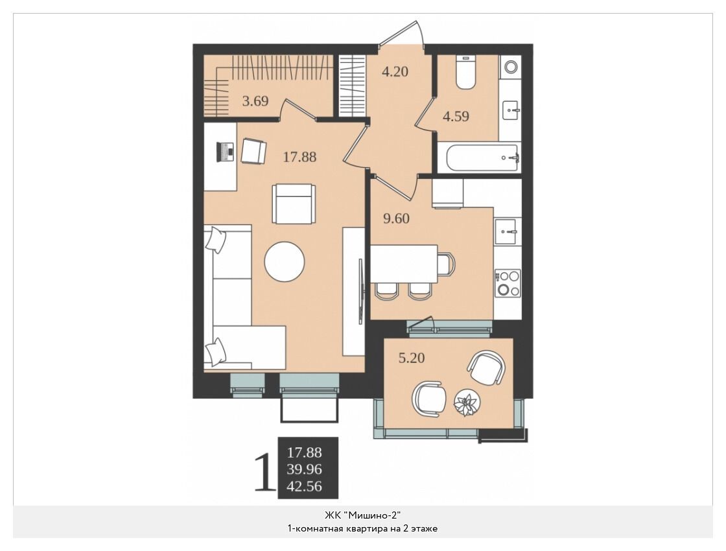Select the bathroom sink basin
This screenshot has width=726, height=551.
[x=511, y=111]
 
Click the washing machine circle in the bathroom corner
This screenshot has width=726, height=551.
[x=511, y=67]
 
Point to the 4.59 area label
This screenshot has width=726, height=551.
[x=456, y=116]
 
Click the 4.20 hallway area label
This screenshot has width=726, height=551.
[x=395, y=72]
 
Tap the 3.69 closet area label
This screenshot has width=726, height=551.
[x=255, y=100]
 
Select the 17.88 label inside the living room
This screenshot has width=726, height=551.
[x=299, y=157]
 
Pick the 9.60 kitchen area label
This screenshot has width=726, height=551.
[x=396, y=218]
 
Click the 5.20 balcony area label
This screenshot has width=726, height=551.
[x=412, y=358]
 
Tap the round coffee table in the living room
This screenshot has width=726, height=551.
[x=285, y=262]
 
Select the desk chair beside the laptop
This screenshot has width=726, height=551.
[x=253, y=151]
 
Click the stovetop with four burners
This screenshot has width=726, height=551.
[x=508, y=283]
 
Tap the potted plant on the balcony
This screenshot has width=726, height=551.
[x=467, y=403]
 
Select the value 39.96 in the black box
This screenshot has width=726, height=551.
[x=304, y=469]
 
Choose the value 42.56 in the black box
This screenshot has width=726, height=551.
[x=304, y=487]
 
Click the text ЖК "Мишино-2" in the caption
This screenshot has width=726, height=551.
[x=362, y=515]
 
